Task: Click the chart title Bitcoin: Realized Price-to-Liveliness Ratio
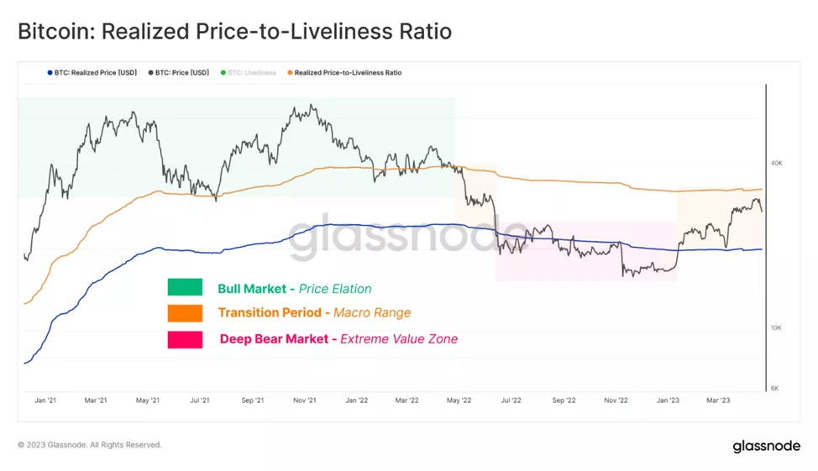pos(234,32)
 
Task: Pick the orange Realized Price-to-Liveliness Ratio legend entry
pos(347,73)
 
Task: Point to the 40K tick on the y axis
pos(777,162)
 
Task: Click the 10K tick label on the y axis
pos(777,327)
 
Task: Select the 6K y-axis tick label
pos(777,389)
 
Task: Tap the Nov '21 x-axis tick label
pos(305,400)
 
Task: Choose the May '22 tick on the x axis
pos(459,400)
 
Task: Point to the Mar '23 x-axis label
pos(718,400)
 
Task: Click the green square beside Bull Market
pos(185,288)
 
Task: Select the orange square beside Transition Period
pos(185,313)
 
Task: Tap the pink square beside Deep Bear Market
pos(185,339)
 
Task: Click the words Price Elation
pos(335,289)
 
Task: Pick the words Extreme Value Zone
pos(399,339)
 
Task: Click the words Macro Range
pos(372,313)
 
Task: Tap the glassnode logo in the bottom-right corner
pos(766,446)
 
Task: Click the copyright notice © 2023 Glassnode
pos(89,445)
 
